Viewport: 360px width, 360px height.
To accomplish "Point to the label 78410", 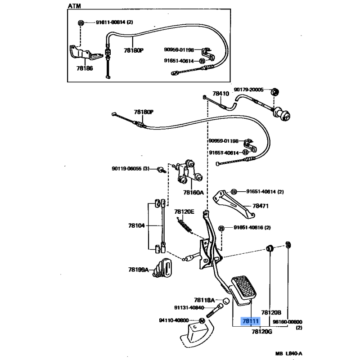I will pyautogui.click(x=220, y=94).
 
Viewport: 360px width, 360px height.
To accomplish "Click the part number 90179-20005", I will pyautogui.click(x=248, y=90).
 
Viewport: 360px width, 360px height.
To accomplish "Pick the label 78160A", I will pyautogui.click(x=193, y=193).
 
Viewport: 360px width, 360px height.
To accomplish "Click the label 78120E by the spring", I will pyautogui.click(x=184, y=211).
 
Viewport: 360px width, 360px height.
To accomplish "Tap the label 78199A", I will pyautogui.click(x=138, y=270).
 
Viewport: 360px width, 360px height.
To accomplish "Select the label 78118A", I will pyautogui.click(x=205, y=300).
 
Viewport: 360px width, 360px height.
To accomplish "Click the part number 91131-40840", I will pyautogui.click(x=189, y=308).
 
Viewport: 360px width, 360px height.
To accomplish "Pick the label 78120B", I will pyautogui.click(x=271, y=312).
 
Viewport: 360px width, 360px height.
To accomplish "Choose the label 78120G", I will pyautogui.click(x=262, y=332).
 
